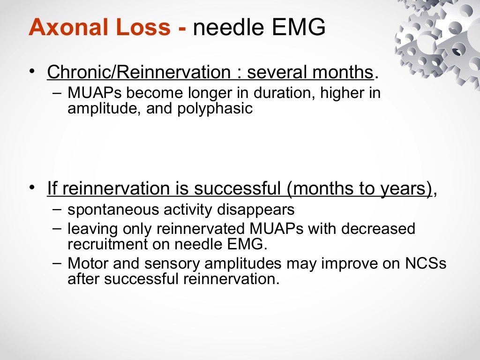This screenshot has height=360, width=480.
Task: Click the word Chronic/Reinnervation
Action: coord(139,72)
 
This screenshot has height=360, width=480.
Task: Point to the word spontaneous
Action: coord(113,210)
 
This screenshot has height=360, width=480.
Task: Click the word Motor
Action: coord(87,263)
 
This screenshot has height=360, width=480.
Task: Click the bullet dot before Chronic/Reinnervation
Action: coord(31,72)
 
